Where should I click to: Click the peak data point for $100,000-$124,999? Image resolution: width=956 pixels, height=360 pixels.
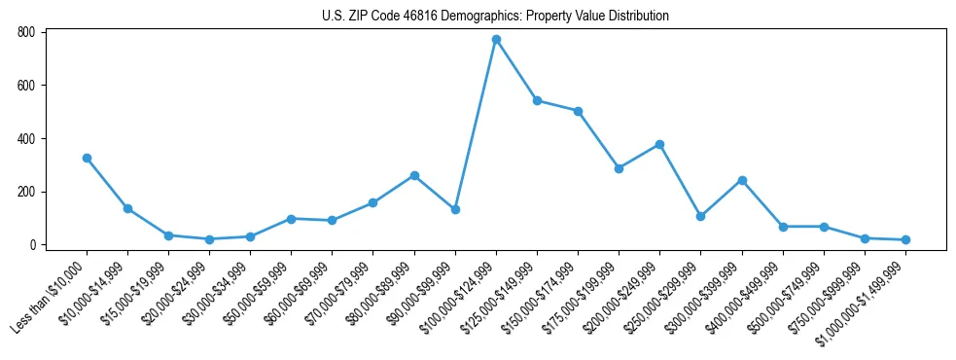click(x=496, y=40)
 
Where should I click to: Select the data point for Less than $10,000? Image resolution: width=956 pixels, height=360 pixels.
click(x=87, y=158)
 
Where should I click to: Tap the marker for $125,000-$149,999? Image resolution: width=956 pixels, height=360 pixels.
click(x=537, y=100)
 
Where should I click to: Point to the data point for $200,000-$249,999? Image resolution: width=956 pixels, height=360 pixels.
click(x=659, y=144)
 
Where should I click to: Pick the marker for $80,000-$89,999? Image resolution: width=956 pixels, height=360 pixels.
click(x=414, y=175)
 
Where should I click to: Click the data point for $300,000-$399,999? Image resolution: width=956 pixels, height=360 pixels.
click(x=742, y=180)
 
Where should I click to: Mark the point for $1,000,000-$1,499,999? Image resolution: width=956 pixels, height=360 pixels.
click(x=905, y=239)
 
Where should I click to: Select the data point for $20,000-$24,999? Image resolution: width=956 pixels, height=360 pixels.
click(x=209, y=239)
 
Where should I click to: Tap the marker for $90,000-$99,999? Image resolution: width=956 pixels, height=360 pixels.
click(x=455, y=209)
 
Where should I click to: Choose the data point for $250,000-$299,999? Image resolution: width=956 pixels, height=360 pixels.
click(x=700, y=216)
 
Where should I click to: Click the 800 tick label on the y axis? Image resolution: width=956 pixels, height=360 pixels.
click(x=26, y=32)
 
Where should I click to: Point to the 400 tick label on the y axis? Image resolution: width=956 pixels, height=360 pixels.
click(x=26, y=138)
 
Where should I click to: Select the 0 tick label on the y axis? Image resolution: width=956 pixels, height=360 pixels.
click(x=32, y=245)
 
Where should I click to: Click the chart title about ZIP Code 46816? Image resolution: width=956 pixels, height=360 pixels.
click(x=495, y=16)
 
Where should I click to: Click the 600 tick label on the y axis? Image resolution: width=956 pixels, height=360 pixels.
click(x=26, y=86)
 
